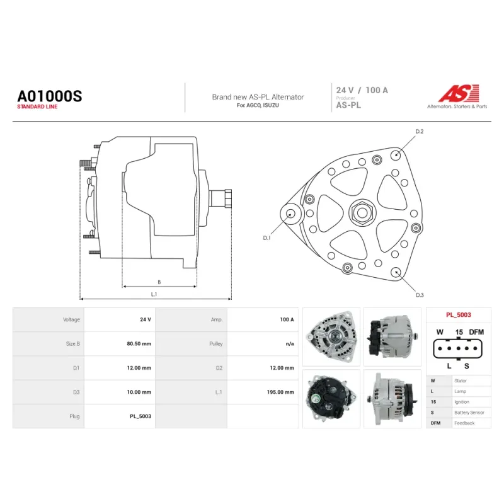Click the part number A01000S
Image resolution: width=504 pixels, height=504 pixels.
tap(50, 96)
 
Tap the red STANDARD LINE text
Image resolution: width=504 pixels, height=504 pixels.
tap(37, 106)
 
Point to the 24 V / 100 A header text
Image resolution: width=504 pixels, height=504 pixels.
tap(362, 90)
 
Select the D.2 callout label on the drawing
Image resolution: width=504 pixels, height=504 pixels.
tap(420, 132)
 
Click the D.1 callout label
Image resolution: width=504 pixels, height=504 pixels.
tap(266, 238)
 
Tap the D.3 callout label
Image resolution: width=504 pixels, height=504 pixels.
tap(420, 295)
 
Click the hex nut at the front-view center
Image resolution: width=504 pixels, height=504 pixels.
tap(362, 212)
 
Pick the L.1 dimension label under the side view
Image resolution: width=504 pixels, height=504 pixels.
tap(154, 294)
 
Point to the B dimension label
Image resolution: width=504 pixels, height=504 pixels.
tap(159, 282)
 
